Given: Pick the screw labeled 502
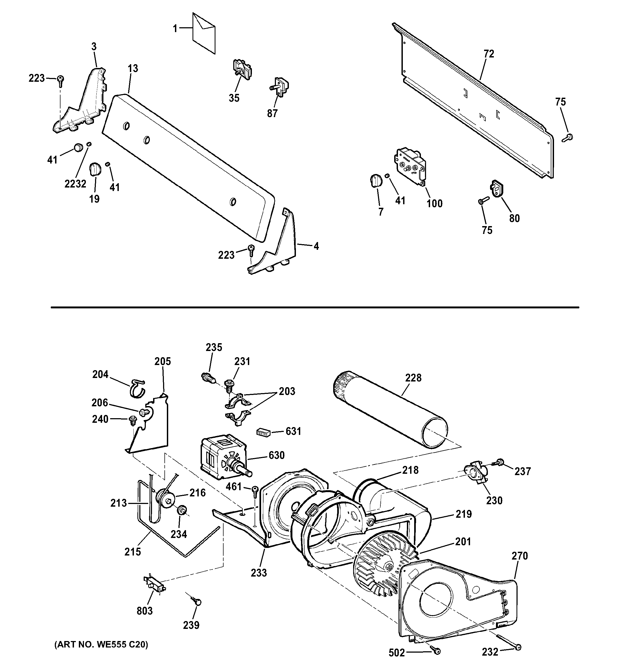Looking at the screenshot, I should point(436,661).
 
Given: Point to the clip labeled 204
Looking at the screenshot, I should point(137,388).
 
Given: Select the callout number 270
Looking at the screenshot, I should point(520,556).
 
